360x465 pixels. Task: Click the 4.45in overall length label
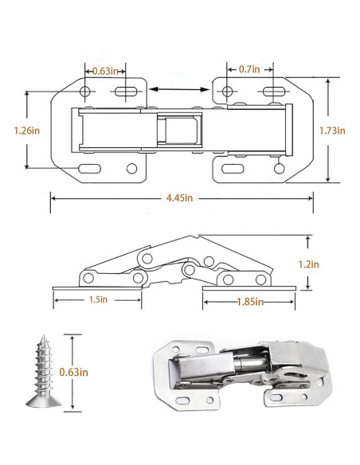(x=180, y=197)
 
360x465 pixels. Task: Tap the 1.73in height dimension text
(x=332, y=131)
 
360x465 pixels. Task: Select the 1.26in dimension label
(x=27, y=131)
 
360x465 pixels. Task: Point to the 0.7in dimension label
(x=249, y=69)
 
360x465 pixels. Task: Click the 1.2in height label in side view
(x=309, y=264)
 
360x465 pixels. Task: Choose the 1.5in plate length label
(x=98, y=299)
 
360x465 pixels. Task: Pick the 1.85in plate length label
(x=250, y=302)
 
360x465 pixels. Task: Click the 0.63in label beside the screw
(x=74, y=372)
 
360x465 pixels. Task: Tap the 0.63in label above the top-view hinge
(x=105, y=71)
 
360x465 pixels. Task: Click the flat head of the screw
(x=44, y=401)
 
